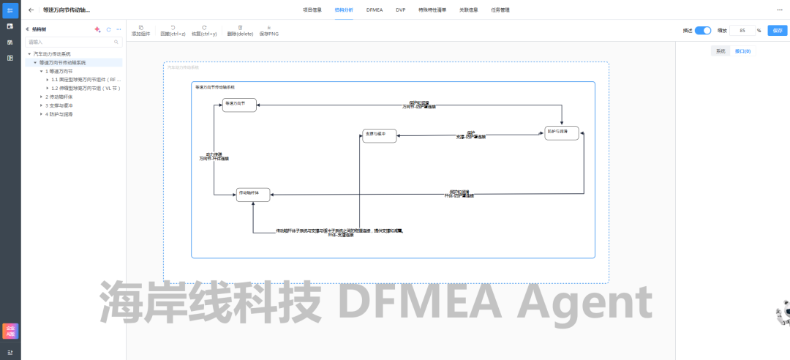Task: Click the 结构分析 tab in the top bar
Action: tap(343, 10)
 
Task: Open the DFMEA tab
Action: tap(375, 10)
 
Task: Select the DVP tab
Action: tap(400, 10)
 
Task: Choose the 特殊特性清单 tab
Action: tap(432, 10)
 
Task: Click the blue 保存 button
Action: tap(777, 31)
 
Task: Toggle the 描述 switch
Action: tap(702, 31)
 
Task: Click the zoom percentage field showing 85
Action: tap(743, 31)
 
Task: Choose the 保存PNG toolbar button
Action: tap(268, 31)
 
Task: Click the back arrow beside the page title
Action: tap(31, 10)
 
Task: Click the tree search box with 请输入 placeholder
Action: tap(73, 42)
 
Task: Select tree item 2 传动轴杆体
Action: tap(60, 97)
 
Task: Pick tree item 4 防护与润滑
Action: tap(60, 114)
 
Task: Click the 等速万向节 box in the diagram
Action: tap(239, 105)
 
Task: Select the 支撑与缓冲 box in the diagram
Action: tap(380, 135)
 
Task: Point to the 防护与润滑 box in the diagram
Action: tap(562, 133)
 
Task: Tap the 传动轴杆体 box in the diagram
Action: tap(253, 194)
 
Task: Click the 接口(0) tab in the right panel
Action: tap(742, 51)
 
